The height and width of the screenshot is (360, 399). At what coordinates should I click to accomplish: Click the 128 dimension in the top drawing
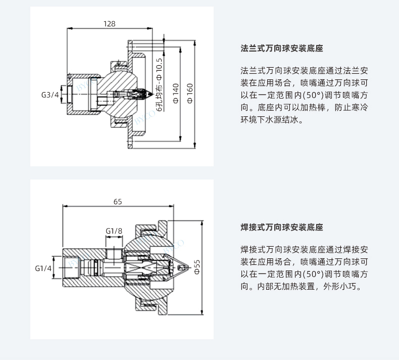point(109,24)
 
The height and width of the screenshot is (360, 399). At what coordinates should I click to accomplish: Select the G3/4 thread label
point(50,95)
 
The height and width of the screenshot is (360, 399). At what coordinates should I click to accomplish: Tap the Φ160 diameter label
point(190,94)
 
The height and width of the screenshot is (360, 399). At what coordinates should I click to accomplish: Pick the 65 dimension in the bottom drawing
point(117,202)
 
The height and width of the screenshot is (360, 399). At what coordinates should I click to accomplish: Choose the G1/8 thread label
point(114,231)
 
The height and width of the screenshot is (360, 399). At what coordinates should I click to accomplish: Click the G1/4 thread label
point(43,268)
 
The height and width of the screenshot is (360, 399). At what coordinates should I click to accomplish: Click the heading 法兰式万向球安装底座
point(282,49)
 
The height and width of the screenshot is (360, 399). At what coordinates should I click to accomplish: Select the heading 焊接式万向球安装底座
point(282,228)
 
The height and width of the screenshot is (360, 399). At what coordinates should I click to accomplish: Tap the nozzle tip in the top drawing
point(151,95)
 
